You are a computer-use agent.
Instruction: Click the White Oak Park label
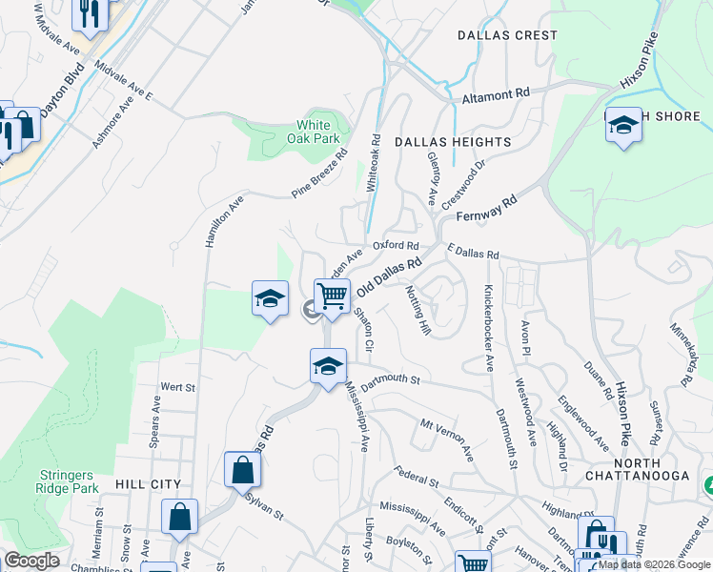(x=314, y=132)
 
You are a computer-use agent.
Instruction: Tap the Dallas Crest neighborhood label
(x=506, y=35)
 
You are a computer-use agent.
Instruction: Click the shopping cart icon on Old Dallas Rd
(x=332, y=296)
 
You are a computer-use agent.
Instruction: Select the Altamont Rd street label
(x=495, y=94)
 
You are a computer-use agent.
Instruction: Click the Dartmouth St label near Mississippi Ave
(x=391, y=378)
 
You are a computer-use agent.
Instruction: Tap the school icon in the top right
(x=623, y=125)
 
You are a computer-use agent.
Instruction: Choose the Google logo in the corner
(x=31, y=561)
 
